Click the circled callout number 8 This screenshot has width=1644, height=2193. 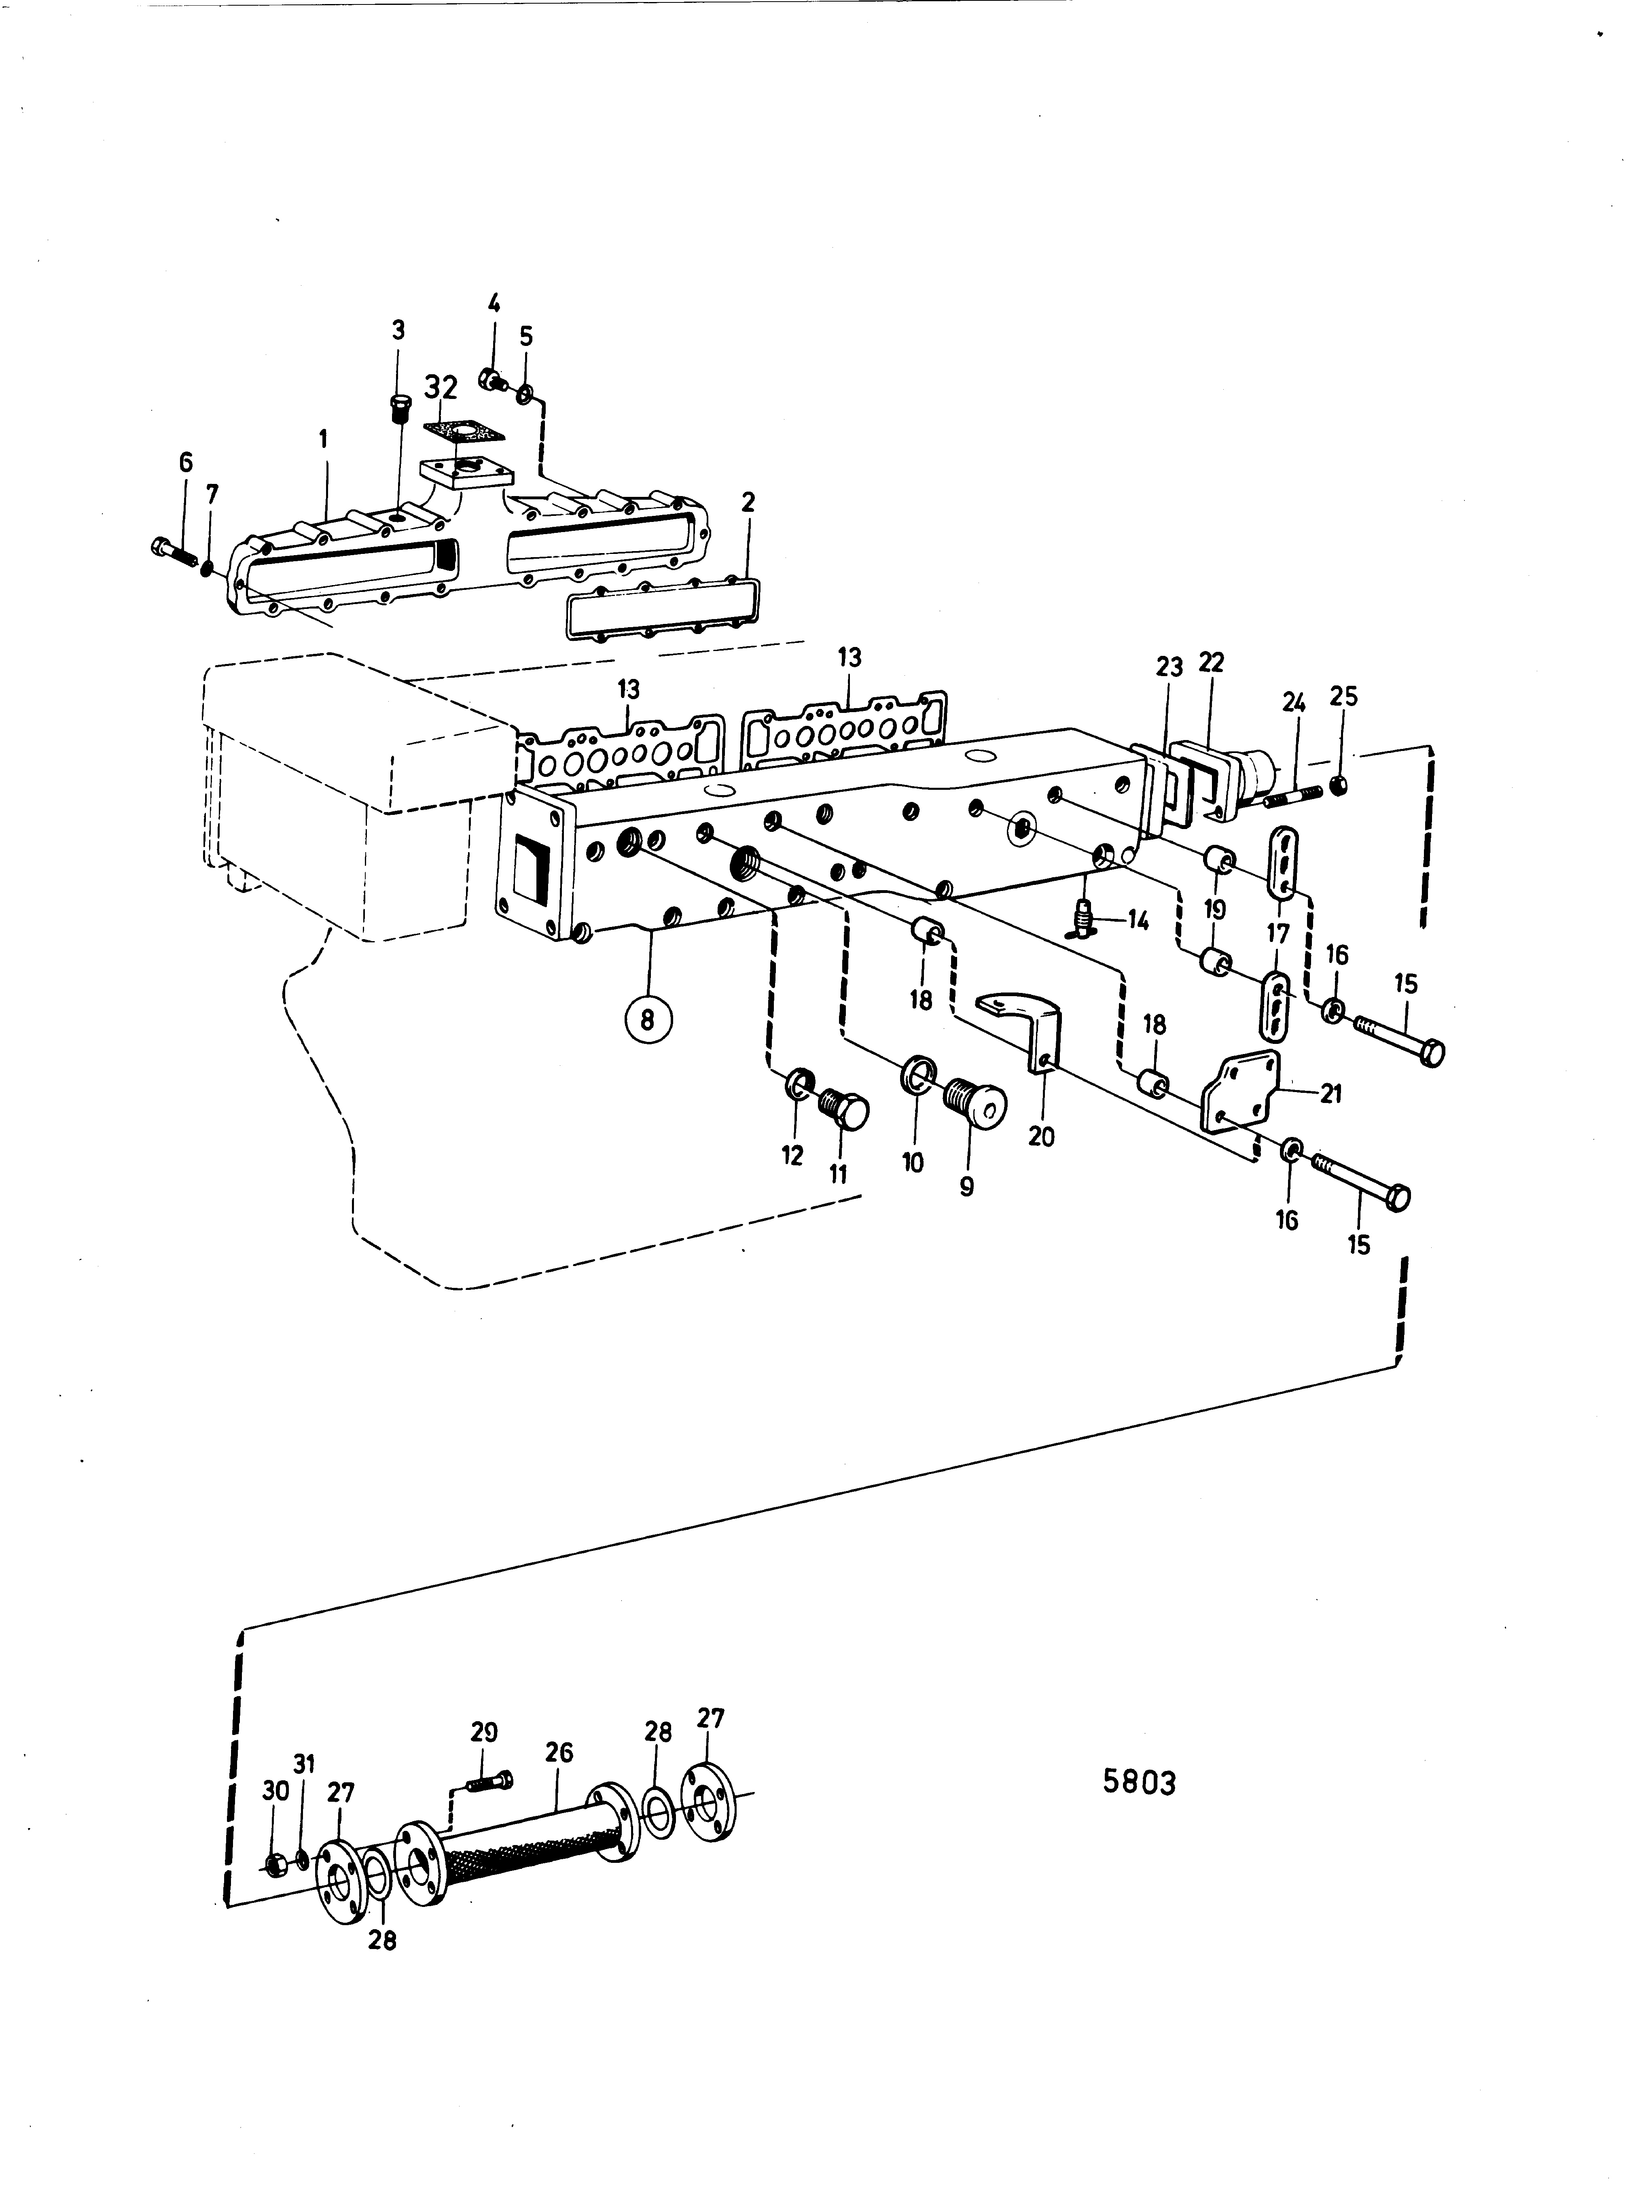tap(648, 1018)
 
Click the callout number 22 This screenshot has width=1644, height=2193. tap(1211, 662)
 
